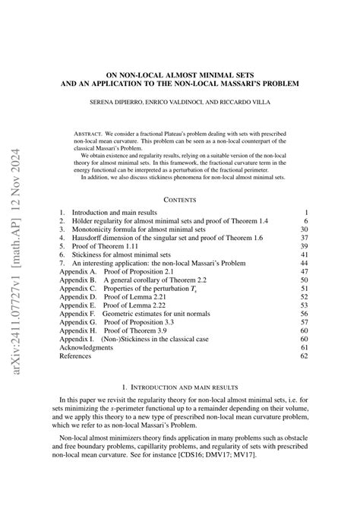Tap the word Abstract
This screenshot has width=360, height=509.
94,133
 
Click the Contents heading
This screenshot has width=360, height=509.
180,198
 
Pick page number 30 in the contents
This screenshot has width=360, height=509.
304,229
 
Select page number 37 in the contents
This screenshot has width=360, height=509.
304,238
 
